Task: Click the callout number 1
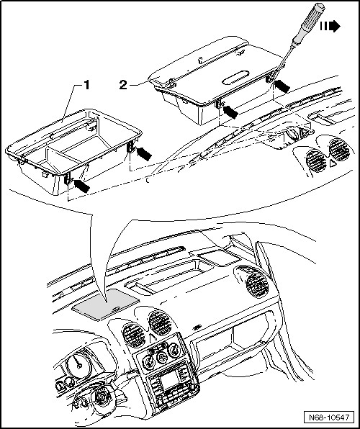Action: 86,85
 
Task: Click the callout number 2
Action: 123,85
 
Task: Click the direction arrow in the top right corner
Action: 330,26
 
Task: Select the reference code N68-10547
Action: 329,417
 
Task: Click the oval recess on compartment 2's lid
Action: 235,78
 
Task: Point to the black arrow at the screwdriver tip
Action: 282,86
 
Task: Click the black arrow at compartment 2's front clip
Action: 230,112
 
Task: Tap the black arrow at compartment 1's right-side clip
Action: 144,153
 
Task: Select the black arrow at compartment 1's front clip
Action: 82,186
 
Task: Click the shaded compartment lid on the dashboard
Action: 106,304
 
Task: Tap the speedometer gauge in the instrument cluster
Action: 79,363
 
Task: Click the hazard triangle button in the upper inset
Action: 333,163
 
